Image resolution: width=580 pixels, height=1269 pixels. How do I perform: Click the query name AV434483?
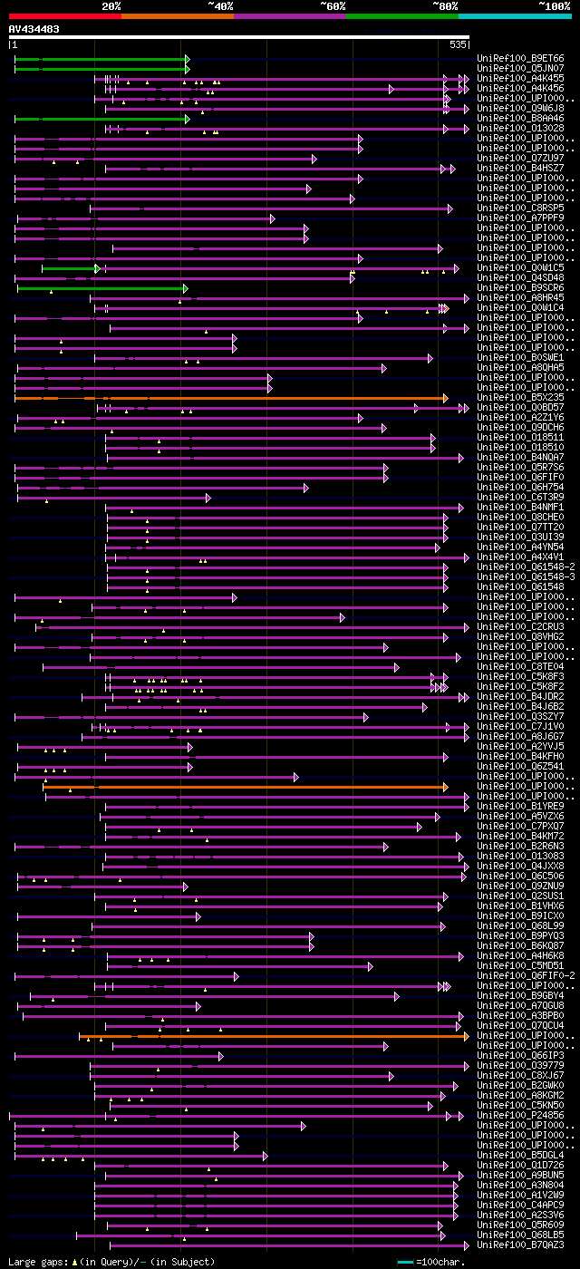(34, 29)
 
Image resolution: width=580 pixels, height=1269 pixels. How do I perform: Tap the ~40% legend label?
(220, 5)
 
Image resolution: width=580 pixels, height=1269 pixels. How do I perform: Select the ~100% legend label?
(554, 5)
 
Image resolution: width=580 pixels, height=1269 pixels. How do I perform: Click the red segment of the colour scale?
(63, 15)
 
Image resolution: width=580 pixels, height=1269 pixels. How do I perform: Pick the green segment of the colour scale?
(401, 15)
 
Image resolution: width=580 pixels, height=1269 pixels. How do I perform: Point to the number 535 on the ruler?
(458, 44)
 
